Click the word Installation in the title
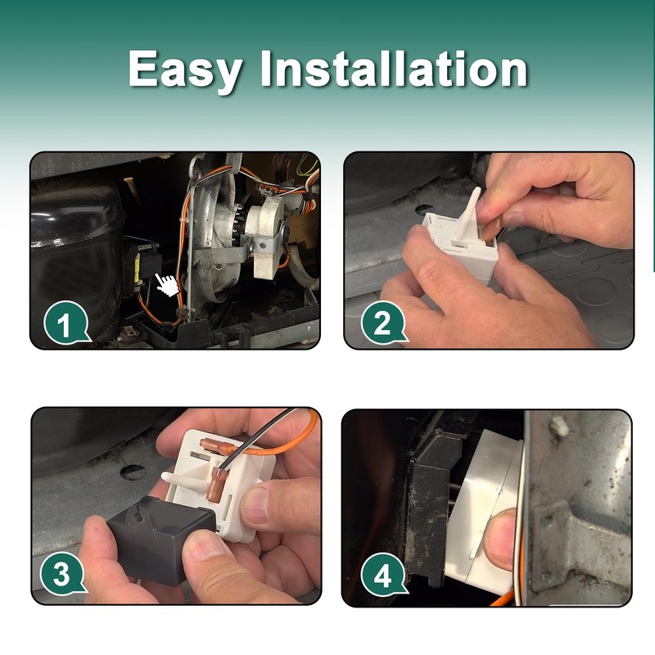(x=394, y=68)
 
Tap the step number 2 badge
(x=382, y=323)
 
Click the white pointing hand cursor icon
(x=168, y=285)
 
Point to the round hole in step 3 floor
(x=133, y=472)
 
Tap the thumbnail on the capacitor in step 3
(x=206, y=544)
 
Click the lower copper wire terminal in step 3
(x=218, y=484)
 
